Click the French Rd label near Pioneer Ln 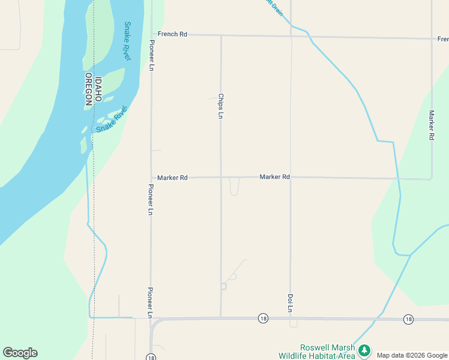(x=172, y=34)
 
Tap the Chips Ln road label (x=221, y=106)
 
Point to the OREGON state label (x=88, y=91)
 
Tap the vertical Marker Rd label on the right (x=431, y=125)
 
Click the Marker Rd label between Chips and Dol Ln (x=275, y=177)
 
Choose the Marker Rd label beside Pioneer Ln (x=172, y=178)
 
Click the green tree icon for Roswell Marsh (x=363, y=350)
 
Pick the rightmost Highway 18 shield (x=408, y=319)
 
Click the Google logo (x=20, y=353)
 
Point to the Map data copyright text (x=412, y=355)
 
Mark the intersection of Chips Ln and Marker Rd (x=221, y=178)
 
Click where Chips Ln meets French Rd (x=221, y=35)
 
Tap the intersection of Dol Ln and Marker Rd (x=291, y=178)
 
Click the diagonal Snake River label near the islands (x=112, y=119)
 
